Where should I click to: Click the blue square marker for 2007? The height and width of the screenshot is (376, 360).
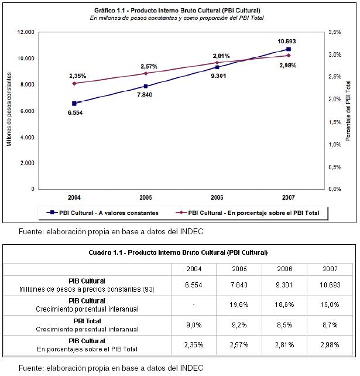pyautogui.click(x=289, y=49)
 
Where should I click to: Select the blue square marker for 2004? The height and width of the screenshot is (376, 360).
pyautogui.click(x=74, y=104)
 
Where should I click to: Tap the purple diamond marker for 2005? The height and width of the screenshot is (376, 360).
pyautogui.click(x=146, y=73)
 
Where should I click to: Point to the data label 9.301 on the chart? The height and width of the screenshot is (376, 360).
pyautogui.click(x=218, y=76)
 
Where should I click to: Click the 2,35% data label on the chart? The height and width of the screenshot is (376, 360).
pyautogui.click(x=78, y=76)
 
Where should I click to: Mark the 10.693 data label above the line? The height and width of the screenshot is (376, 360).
pyautogui.click(x=287, y=41)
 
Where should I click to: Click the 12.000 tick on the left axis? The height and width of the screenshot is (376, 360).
pyautogui.click(x=26, y=32)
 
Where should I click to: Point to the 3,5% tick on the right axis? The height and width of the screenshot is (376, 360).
pyautogui.click(x=335, y=32)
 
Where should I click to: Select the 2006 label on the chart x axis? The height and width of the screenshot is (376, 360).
pyautogui.click(x=217, y=197)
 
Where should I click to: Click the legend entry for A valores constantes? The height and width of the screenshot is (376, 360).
pyautogui.click(x=102, y=213)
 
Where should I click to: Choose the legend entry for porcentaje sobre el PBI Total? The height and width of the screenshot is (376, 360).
pyautogui.click(x=248, y=213)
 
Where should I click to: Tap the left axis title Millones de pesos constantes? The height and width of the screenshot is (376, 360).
pyautogui.click(x=9, y=110)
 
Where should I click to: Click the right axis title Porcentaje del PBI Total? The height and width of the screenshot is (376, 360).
pyautogui.click(x=348, y=111)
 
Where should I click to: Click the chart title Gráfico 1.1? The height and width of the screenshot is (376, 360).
pyautogui.click(x=177, y=11)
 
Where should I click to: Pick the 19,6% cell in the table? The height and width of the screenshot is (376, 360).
pyautogui.click(x=239, y=305)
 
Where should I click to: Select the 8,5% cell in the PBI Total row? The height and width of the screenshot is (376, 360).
pyautogui.click(x=284, y=325)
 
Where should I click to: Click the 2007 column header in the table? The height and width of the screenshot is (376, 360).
pyautogui.click(x=330, y=269)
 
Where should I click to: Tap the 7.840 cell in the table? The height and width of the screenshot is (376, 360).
pyautogui.click(x=239, y=285)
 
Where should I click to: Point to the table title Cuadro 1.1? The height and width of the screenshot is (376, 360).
pyautogui.click(x=178, y=252)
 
